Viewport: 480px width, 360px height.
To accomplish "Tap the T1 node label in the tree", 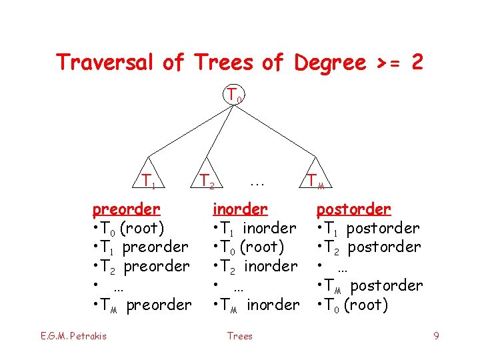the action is (x=149, y=180).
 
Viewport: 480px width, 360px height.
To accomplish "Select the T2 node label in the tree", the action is (x=208, y=180).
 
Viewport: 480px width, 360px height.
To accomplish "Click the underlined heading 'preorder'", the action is (x=126, y=209).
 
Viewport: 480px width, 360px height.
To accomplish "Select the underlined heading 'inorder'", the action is (x=239, y=209).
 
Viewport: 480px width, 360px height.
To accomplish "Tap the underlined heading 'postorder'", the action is (x=353, y=209).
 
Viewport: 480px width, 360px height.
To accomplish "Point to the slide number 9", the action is (x=436, y=336).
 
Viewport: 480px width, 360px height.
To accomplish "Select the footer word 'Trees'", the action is (x=239, y=336).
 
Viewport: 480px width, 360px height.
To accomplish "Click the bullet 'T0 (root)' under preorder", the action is (x=131, y=228).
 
